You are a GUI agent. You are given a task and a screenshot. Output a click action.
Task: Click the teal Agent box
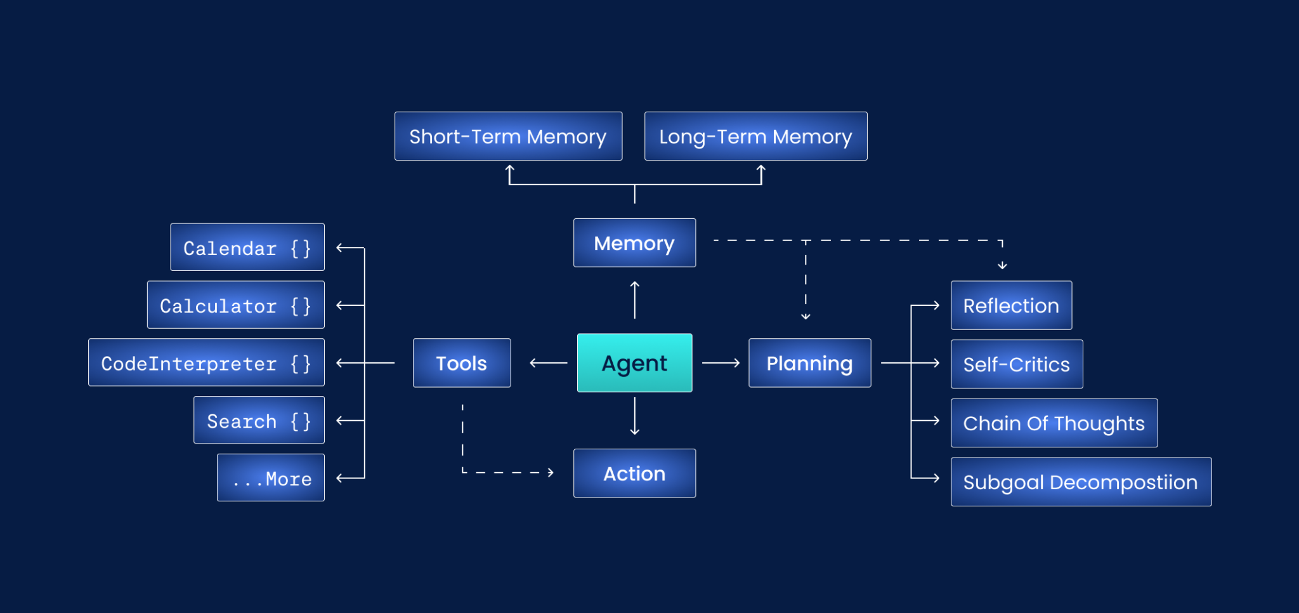click(x=634, y=363)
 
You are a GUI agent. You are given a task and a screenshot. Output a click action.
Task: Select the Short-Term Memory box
click(x=508, y=136)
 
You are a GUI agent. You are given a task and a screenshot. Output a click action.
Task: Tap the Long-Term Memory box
click(x=755, y=136)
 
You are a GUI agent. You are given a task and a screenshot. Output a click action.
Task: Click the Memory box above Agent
click(x=634, y=243)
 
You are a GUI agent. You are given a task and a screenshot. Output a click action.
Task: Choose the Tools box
click(x=462, y=363)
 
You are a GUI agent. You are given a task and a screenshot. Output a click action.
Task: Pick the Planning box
click(x=809, y=363)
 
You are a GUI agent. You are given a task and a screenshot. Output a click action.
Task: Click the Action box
click(x=634, y=473)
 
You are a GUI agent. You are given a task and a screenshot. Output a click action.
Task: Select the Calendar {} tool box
click(x=247, y=247)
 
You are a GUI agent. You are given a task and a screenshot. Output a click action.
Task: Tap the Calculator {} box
click(x=236, y=305)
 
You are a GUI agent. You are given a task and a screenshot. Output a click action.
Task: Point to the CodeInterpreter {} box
click(x=206, y=363)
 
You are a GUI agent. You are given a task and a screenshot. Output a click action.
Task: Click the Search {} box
click(x=259, y=421)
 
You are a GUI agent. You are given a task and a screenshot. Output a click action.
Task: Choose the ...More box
click(x=271, y=478)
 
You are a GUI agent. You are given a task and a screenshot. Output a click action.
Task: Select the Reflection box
click(x=1011, y=305)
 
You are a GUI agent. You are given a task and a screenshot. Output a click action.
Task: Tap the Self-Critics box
click(x=1017, y=364)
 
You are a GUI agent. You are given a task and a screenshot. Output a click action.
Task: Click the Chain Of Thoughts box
click(x=1054, y=423)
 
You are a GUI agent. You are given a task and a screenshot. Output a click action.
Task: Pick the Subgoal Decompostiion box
click(x=1081, y=482)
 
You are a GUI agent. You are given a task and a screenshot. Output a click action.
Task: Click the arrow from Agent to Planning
click(x=721, y=363)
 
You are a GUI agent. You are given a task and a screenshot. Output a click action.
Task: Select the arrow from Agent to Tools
click(x=548, y=363)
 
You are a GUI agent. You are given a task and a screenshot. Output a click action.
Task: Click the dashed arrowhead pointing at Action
click(x=550, y=473)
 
